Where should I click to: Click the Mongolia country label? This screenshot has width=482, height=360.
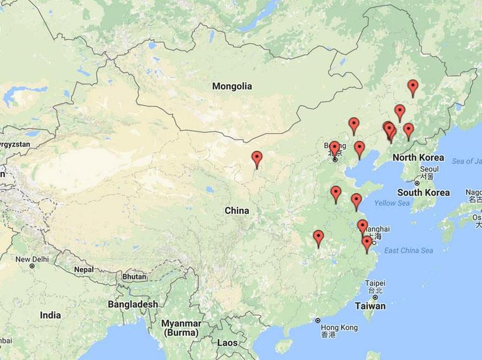click(232, 87)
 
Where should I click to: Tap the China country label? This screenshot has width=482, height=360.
click(236, 211)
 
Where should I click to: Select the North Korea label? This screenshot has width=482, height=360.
click(418, 157)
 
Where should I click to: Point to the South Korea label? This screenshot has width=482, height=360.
click(423, 193)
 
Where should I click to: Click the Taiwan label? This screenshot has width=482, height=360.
click(370, 306)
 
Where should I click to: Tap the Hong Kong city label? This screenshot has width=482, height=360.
click(339, 328)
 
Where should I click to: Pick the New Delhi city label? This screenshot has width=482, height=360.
click(32, 259)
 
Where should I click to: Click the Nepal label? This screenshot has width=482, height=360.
click(83, 269)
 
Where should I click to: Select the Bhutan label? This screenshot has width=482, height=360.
click(134, 277)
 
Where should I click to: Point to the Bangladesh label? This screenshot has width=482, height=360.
click(133, 305)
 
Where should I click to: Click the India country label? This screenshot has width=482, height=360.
click(50, 315)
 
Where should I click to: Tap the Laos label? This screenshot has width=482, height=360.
click(228, 343)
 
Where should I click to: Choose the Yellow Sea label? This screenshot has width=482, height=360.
click(392, 203)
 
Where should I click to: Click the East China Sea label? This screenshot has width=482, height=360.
click(408, 251)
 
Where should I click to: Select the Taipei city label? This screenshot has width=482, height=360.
click(375, 283)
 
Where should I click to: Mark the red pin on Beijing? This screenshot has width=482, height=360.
click(335, 148)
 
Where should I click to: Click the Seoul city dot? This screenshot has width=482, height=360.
click(417, 183)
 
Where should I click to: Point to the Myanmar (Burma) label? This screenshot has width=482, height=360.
click(180, 327)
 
